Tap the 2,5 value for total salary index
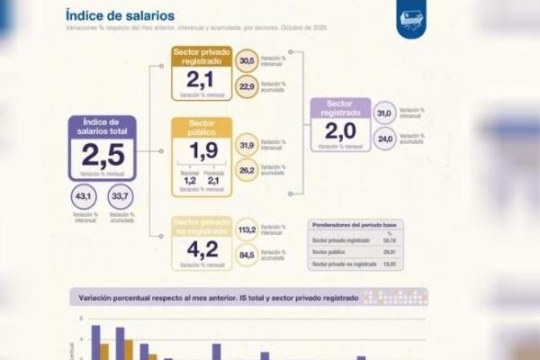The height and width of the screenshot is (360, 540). tap(102, 154)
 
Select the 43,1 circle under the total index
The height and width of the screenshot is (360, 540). tap(83, 196)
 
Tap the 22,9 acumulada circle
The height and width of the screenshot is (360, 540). tap(246, 86)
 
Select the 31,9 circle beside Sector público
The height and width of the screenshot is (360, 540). tap(246, 144)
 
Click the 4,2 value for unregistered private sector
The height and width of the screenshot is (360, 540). tap(202, 249)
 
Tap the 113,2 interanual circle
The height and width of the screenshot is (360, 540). tap(246, 229)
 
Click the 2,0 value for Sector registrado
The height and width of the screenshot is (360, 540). tap(340, 132)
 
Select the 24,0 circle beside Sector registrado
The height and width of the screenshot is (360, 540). tap(384, 139)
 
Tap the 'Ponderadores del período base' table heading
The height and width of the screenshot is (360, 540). tap(355, 224)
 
